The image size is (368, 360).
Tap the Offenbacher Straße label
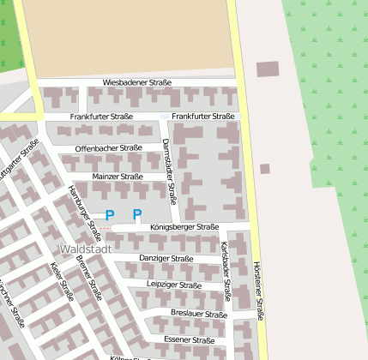[108, 147]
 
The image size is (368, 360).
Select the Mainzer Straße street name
[118, 176]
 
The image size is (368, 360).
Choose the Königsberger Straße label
[184, 227]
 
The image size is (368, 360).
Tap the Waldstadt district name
[85, 249]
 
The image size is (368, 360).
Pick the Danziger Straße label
[166, 258]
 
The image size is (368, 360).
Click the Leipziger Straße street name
[174, 285]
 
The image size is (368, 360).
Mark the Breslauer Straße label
[199, 314]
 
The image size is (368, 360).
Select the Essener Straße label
[189, 340]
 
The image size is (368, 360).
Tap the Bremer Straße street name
[89, 278]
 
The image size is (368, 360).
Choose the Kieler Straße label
[63, 281]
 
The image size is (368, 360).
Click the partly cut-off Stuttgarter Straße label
[18, 160]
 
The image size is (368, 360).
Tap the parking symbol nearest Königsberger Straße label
[136, 214]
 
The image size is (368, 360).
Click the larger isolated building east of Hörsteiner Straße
[268, 69]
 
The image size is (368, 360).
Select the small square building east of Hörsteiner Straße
[265, 169]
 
